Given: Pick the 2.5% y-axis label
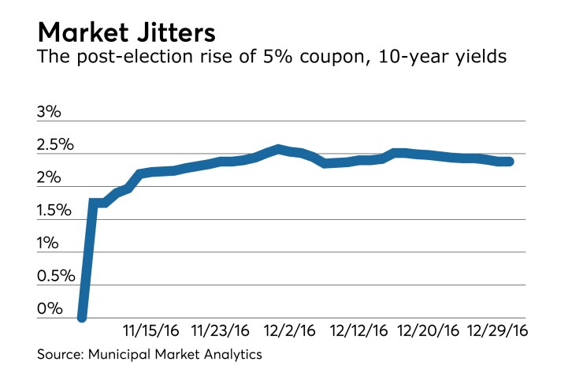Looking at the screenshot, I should (x=55, y=146).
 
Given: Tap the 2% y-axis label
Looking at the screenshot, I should (x=49, y=179).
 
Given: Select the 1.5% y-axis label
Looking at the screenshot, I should (x=55, y=211).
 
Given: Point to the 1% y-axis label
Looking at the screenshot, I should (x=49, y=244).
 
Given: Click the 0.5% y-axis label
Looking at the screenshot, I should (x=55, y=277).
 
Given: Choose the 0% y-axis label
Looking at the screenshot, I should (x=49, y=309).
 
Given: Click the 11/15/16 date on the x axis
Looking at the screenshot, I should (x=151, y=328).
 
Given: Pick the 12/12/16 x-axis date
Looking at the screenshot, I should (x=358, y=328).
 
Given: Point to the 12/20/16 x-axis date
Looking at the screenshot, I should (x=429, y=328).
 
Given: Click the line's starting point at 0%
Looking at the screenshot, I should (x=82, y=317).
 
